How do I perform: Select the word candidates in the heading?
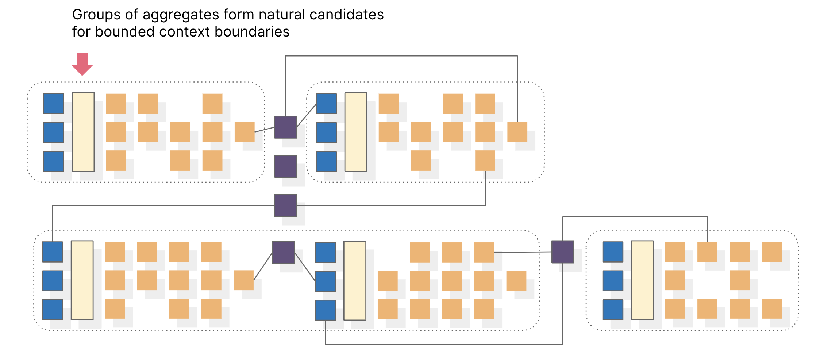pyautogui.click(x=346, y=15)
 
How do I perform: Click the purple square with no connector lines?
pyautogui.click(x=285, y=166)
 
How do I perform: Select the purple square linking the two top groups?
pyautogui.click(x=285, y=127)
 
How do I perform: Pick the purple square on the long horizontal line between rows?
pyautogui.click(x=285, y=205)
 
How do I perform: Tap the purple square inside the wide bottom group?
pyautogui.click(x=283, y=252)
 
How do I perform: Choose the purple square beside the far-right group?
pyautogui.click(x=562, y=252)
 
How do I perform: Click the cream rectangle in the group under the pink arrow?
pyautogui.click(x=83, y=132)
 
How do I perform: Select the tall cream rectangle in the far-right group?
pyautogui.click(x=642, y=280)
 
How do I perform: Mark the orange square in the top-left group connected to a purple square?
pyautogui.click(x=244, y=132)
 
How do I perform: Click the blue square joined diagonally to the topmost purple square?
pyautogui.click(x=326, y=104)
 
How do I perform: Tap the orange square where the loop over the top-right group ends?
pyautogui.click(x=517, y=132)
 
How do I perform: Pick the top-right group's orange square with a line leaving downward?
pyautogui.click(x=485, y=160)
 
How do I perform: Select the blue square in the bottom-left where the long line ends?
pyautogui.click(x=53, y=252)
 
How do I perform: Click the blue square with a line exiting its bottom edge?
pyautogui.click(x=325, y=310)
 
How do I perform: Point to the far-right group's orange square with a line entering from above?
pyautogui.click(x=707, y=252)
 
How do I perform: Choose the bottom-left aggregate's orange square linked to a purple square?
pyautogui.click(x=243, y=280)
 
